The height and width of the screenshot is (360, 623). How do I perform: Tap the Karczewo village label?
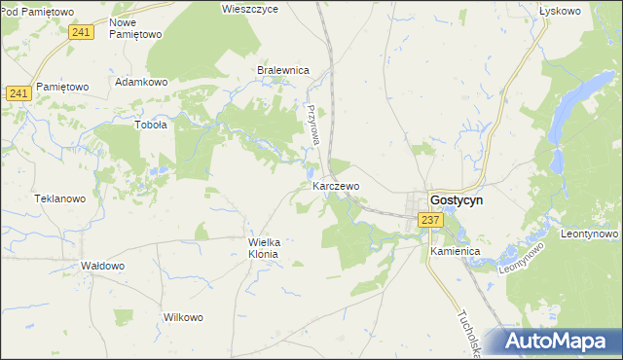coord(337,185)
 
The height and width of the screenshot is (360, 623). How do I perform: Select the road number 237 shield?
coord(432,221)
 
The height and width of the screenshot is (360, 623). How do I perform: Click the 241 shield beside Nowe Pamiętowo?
coord(82,32)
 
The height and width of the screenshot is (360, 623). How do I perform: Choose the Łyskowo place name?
coord(560,11)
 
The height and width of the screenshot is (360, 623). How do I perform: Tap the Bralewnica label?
coord(282,71)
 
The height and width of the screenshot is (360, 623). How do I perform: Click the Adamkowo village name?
coord(142,82)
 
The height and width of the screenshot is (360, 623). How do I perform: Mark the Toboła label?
coord(150,125)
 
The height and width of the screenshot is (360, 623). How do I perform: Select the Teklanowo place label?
coord(60,198)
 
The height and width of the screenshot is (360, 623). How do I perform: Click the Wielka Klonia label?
coord(264,248)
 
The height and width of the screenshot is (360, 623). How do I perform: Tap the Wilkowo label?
coord(183,318)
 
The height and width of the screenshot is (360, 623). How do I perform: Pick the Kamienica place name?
coord(456,251)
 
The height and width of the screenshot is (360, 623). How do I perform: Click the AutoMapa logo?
coord(558,342)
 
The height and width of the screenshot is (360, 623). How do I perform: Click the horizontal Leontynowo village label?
coord(590,234)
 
